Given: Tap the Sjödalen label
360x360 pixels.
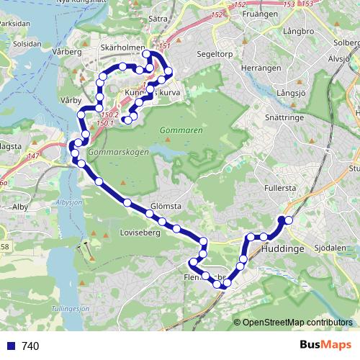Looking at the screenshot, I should click(x=330, y=247).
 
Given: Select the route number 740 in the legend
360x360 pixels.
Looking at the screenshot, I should click(x=30, y=346).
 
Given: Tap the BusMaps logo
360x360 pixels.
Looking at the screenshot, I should click(x=321, y=346).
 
